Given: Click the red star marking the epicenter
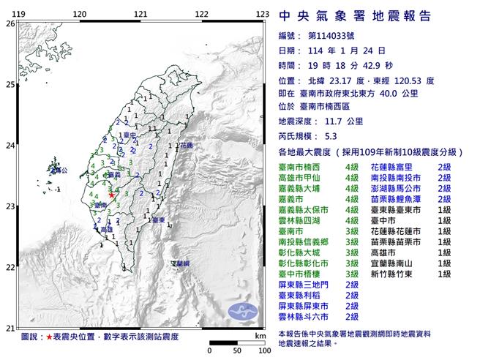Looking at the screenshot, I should click(111, 195).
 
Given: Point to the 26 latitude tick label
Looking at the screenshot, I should click(10, 23).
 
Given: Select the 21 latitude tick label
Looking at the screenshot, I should click(10, 327).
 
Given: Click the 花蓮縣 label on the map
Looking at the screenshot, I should click(185, 146).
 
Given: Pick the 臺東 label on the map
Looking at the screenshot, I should click(156, 220).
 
